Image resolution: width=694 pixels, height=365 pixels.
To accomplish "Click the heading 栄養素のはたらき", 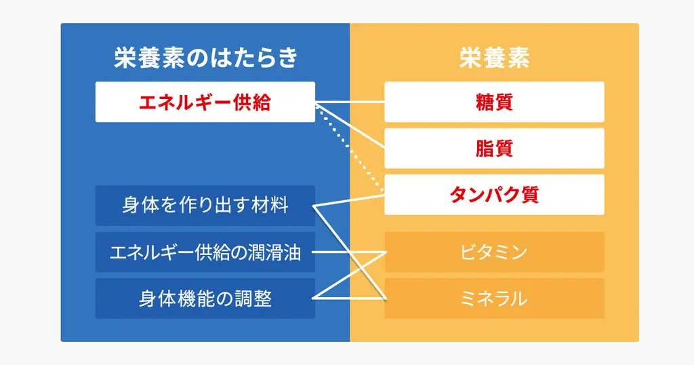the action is pyautogui.click(x=205, y=58).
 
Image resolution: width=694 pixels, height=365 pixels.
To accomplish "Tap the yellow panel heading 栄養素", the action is pyautogui.click(x=494, y=58).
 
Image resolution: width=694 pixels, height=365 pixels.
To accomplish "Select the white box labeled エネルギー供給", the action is pyautogui.click(x=205, y=102).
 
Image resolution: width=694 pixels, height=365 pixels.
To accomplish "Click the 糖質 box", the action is pyautogui.click(x=494, y=102).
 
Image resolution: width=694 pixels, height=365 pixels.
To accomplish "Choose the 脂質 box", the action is pyautogui.click(x=494, y=149).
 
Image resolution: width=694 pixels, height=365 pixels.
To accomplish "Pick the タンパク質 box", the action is pyautogui.click(x=494, y=195).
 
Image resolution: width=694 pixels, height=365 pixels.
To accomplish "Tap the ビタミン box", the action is pyautogui.click(x=494, y=252).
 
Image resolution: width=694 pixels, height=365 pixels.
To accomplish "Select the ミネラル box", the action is pyautogui.click(x=494, y=299).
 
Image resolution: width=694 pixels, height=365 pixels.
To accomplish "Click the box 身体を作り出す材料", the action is pyautogui.click(x=205, y=206).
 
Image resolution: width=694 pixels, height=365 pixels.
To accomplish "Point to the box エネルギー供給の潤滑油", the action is pyautogui.click(x=205, y=252).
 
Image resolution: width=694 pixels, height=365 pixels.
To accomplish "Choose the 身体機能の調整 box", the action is pyautogui.click(x=205, y=299).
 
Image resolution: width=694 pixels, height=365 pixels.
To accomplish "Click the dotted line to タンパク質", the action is pyautogui.click(x=350, y=149).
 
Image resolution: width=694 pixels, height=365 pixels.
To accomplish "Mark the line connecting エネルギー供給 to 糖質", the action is pyautogui.click(x=350, y=102).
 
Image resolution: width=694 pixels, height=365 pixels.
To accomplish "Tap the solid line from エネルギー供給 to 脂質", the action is pyautogui.click(x=350, y=126).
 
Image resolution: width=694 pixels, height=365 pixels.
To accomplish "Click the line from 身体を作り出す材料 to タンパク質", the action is pyautogui.click(x=349, y=200).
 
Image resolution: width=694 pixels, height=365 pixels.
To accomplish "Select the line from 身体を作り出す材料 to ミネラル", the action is pyautogui.click(x=350, y=252).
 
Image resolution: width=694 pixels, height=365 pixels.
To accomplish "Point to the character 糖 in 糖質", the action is pyautogui.click(x=485, y=102).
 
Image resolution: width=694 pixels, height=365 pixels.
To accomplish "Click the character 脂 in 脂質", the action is pyautogui.click(x=485, y=149).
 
